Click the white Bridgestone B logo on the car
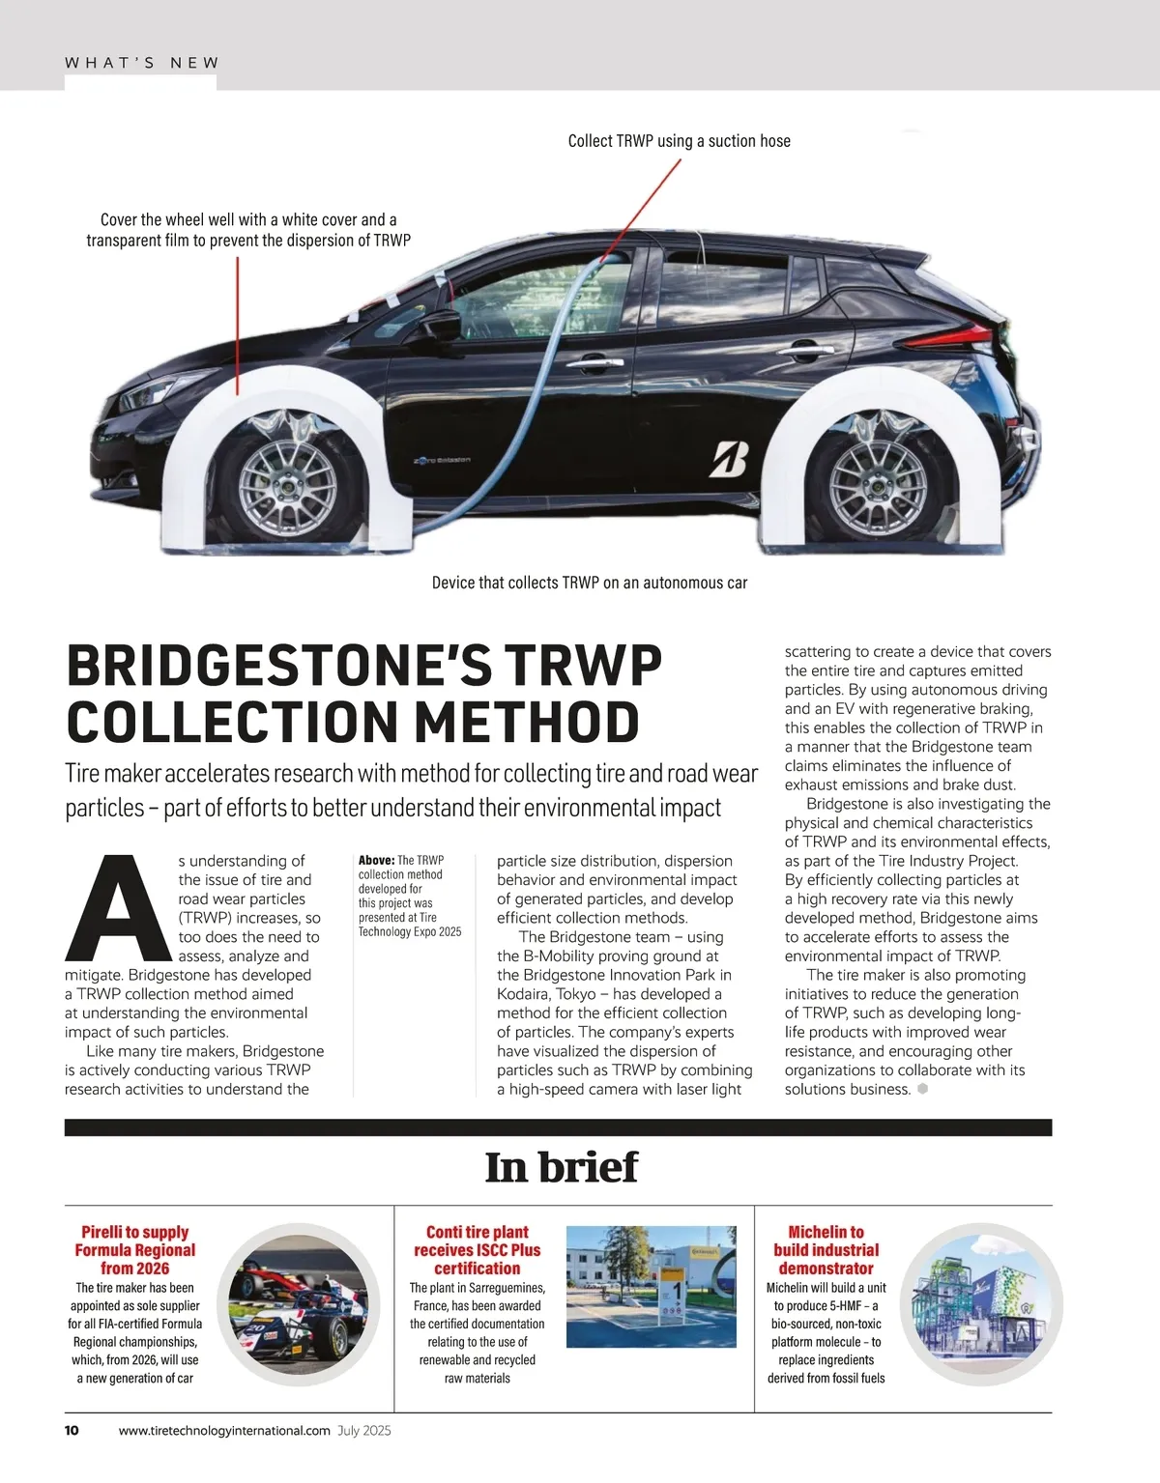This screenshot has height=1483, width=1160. click(x=729, y=459)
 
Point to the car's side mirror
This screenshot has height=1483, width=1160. click(x=444, y=325)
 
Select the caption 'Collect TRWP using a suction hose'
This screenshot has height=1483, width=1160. click(x=679, y=141)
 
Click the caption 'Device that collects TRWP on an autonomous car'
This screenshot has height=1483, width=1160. click(x=589, y=583)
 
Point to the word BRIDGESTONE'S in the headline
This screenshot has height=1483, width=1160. click(x=281, y=666)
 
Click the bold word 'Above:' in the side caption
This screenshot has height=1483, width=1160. click(x=376, y=860)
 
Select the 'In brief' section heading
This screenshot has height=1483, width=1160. click(x=561, y=1167)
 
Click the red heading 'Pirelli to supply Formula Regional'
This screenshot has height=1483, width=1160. click(x=134, y=1249)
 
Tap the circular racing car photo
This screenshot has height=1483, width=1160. click(x=298, y=1304)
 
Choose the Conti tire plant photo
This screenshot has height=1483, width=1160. click(x=651, y=1287)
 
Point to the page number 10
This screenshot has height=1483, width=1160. click(x=72, y=1431)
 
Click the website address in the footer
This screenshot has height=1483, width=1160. click(x=224, y=1431)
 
